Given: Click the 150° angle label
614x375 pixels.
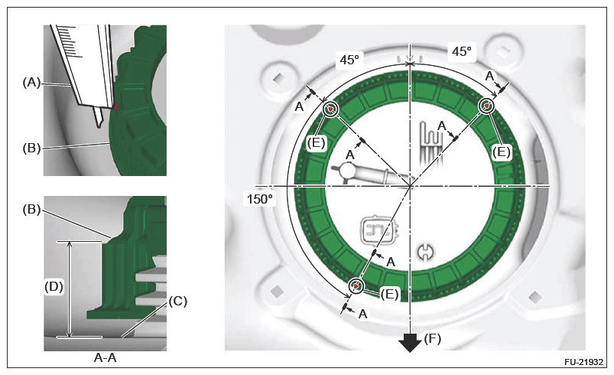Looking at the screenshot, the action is click(x=260, y=199).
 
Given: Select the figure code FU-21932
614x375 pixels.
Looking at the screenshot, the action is click(x=583, y=362).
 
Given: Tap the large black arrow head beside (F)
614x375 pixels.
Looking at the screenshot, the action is click(x=410, y=343).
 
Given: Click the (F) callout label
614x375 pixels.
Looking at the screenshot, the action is click(x=433, y=338).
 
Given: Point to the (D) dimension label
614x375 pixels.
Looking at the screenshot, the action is click(x=54, y=287).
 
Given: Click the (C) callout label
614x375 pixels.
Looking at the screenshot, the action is click(x=178, y=301).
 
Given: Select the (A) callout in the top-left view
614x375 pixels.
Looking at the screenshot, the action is click(x=31, y=83).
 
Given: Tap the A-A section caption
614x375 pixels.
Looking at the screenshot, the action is click(x=106, y=357).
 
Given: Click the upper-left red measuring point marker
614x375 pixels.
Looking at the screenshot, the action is click(x=330, y=109).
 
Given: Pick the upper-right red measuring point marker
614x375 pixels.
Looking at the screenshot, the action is click(x=487, y=106).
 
